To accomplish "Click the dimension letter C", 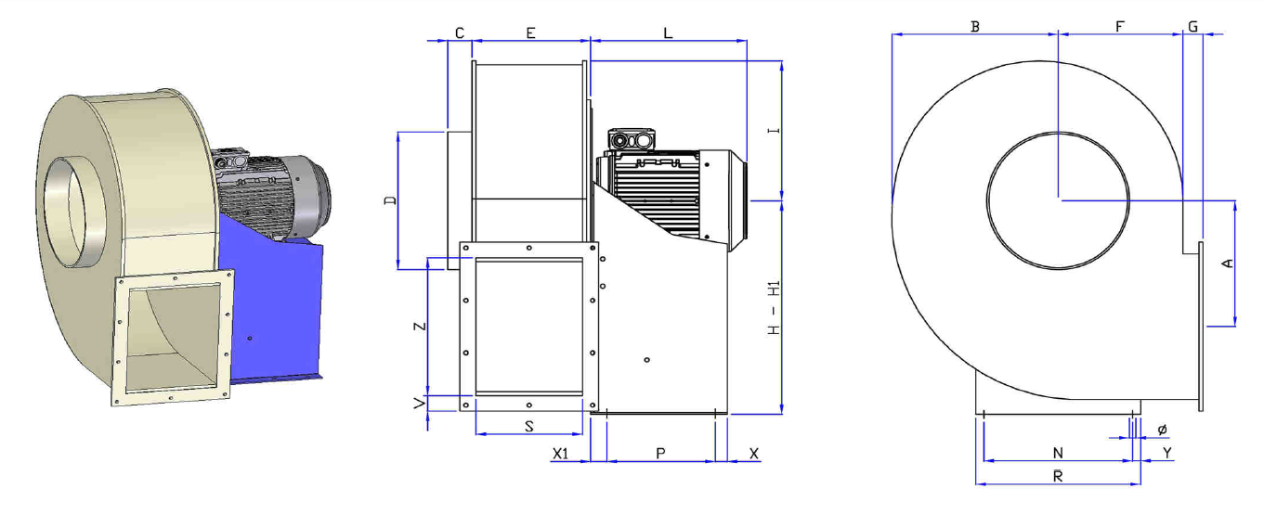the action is (460, 33).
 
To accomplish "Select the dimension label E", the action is (530, 33).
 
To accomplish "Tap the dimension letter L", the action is (668, 33).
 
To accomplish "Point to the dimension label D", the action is (390, 200).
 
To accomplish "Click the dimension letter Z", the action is (420, 327).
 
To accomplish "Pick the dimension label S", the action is (528, 427).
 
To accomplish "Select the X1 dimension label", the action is (560, 454).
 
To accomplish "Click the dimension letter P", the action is (660, 454).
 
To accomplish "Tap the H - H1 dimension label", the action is (774, 308).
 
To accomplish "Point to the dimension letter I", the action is (774, 131).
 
